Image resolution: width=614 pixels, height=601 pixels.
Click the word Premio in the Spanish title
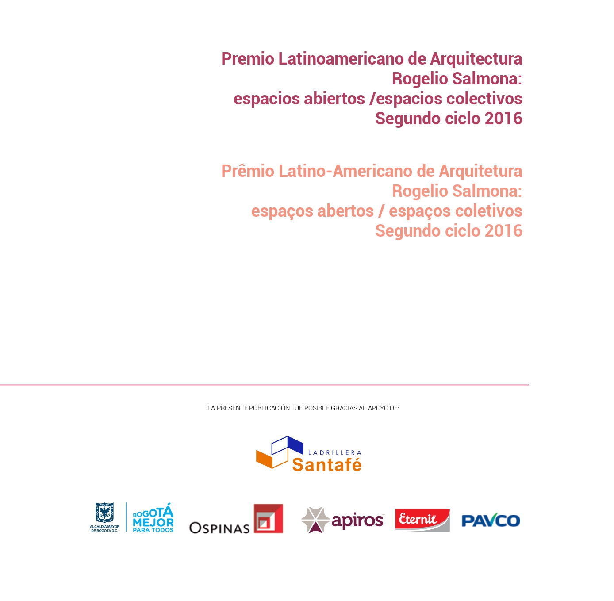click(x=248, y=59)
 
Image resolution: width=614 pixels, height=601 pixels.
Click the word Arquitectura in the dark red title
click(x=476, y=59)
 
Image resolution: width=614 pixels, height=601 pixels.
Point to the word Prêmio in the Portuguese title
click(x=248, y=171)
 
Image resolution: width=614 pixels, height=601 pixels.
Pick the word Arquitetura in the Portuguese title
click(x=480, y=171)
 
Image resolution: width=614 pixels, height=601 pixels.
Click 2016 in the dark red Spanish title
click(x=503, y=119)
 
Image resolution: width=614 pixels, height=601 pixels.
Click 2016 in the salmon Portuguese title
click(x=503, y=231)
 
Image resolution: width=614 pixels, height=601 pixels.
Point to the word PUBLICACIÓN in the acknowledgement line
click(x=269, y=408)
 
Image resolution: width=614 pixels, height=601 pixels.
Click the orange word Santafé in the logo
click(x=326, y=465)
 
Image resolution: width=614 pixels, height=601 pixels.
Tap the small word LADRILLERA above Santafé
click(x=334, y=452)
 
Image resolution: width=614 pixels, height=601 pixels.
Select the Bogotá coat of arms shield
click(x=104, y=513)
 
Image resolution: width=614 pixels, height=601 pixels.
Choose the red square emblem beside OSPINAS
click(x=268, y=518)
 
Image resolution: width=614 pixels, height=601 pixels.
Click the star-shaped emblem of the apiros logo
click(x=315, y=520)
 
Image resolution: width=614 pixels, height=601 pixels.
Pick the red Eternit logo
click(x=422, y=520)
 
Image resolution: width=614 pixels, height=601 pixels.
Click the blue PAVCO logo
click(x=491, y=521)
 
